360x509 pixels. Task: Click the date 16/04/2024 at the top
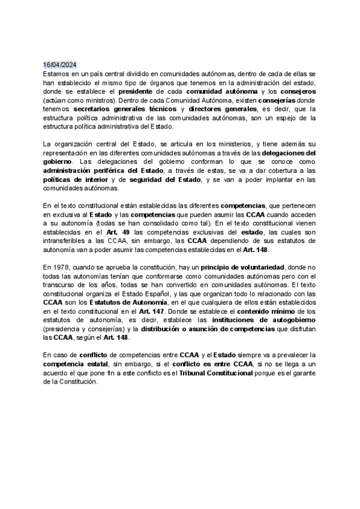click(x=60, y=64)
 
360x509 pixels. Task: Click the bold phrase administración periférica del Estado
click(x=103, y=171)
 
